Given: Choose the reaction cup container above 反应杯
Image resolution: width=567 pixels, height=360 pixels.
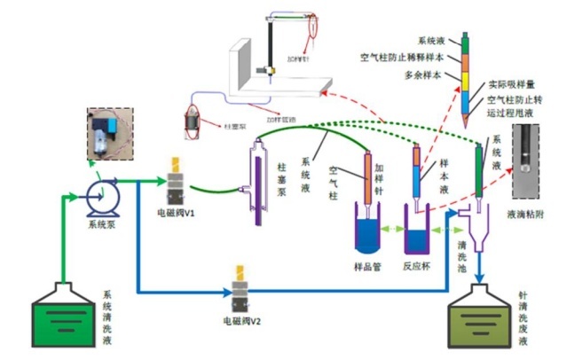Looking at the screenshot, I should [417, 231].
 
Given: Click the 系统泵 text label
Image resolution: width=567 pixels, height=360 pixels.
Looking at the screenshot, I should [101, 223].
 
